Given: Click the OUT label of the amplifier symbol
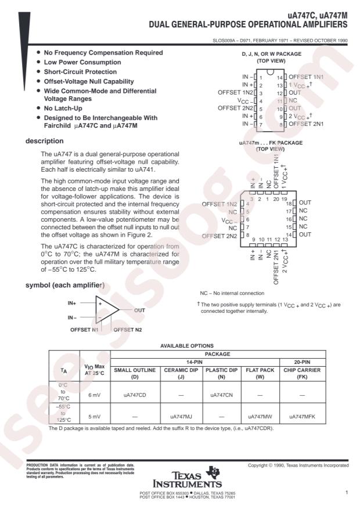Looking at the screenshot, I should click(140, 311).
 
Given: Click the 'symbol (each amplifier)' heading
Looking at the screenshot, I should click(64, 286).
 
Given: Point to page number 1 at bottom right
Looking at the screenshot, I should click(345, 493).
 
